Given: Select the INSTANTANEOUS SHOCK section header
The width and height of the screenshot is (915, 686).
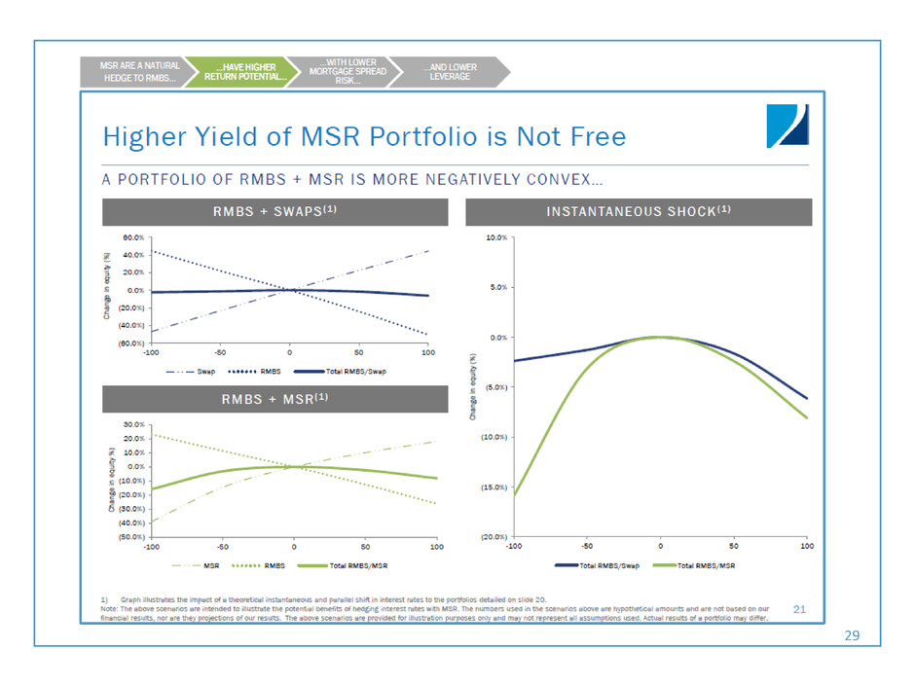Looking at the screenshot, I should coord(638,211).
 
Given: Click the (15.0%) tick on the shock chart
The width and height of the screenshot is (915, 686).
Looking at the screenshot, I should coord(492,487).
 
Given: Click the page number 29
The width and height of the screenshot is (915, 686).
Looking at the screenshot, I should coord(853,633).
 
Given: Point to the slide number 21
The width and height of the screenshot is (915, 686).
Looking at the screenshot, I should coord(801,609).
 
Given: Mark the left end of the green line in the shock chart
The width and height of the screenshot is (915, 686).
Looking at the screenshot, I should coord(514,496).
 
